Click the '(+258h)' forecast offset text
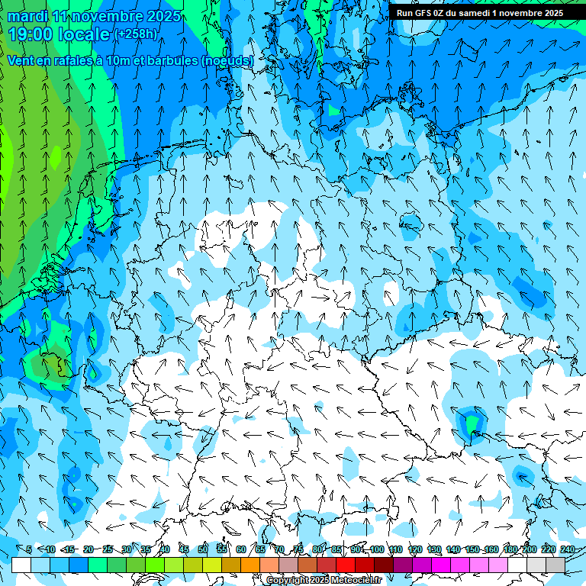[135, 34]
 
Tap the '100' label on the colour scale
[376, 549]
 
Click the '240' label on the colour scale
[567, 549]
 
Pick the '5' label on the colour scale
[29, 549]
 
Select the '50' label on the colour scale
[203, 549]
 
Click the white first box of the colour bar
[21, 565]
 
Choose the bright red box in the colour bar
[346, 565]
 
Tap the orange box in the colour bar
[250, 565]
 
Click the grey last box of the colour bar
[555, 565]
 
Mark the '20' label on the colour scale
[89, 549]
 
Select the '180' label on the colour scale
[510, 549]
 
